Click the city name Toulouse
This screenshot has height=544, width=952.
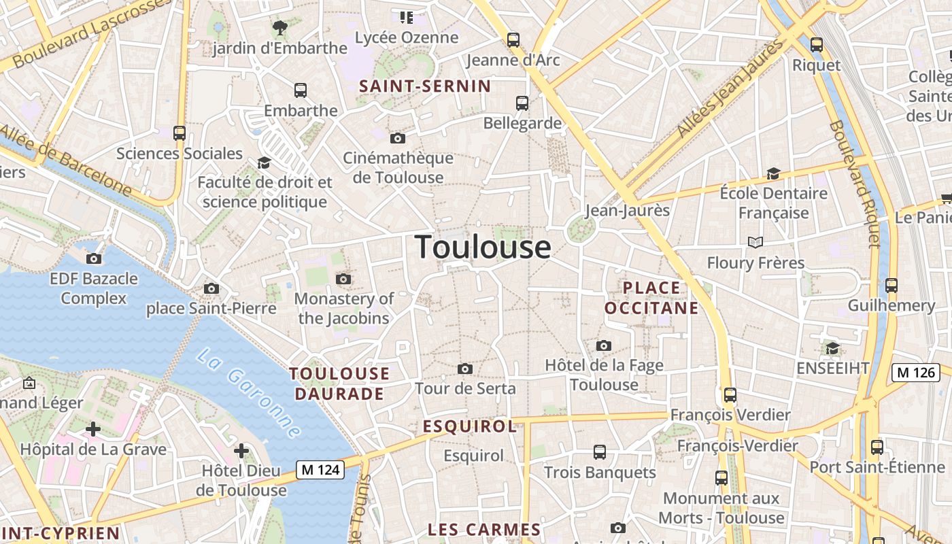point(483,246)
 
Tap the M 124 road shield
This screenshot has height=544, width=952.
point(320,469)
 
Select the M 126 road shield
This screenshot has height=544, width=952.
point(915,372)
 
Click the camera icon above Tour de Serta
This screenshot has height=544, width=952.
point(465,369)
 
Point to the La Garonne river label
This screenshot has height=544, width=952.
point(249,393)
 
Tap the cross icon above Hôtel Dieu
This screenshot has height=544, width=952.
point(241,450)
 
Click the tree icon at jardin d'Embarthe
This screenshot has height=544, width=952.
point(279,28)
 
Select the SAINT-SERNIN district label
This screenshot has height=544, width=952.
point(424,86)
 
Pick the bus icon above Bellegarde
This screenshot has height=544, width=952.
point(522,103)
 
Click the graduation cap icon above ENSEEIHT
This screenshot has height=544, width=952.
point(832,349)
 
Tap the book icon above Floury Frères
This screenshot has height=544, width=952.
point(755,242)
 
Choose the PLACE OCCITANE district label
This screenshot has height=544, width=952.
point(651,298)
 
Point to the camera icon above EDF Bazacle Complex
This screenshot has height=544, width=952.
point(94,258)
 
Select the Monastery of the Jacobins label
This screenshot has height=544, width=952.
point(343,308)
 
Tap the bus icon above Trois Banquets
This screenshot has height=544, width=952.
point(599,452)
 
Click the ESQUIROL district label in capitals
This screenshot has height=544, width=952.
point(470,426)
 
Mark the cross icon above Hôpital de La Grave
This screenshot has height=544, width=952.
point(93,429)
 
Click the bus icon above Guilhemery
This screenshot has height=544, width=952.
point(891,286)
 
